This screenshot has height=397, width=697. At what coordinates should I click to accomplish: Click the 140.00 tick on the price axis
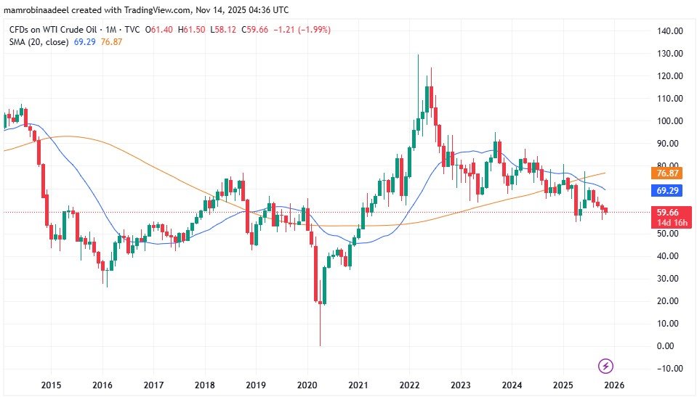tap(669, 31)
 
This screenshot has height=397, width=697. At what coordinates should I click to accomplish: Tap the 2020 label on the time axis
tap(307, 385)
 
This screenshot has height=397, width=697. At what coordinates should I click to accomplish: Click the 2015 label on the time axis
tap(50, 385)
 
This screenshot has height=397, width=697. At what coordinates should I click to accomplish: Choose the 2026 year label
tap(615, 385)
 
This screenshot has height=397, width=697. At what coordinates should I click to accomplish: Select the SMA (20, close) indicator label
tap(37, 43)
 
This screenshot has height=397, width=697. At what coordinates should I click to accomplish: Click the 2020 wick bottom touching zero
tap(321, 344)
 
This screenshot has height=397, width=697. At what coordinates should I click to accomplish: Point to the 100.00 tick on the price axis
tap(669, 121)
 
